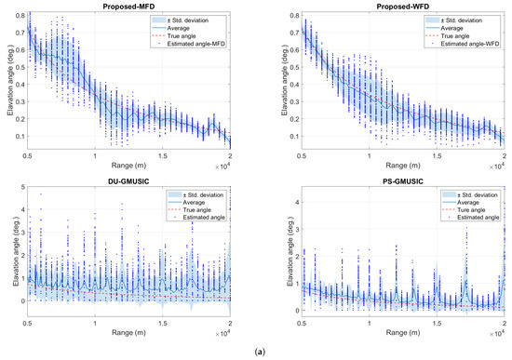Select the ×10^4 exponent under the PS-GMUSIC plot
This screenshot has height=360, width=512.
(x=499, y=330)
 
